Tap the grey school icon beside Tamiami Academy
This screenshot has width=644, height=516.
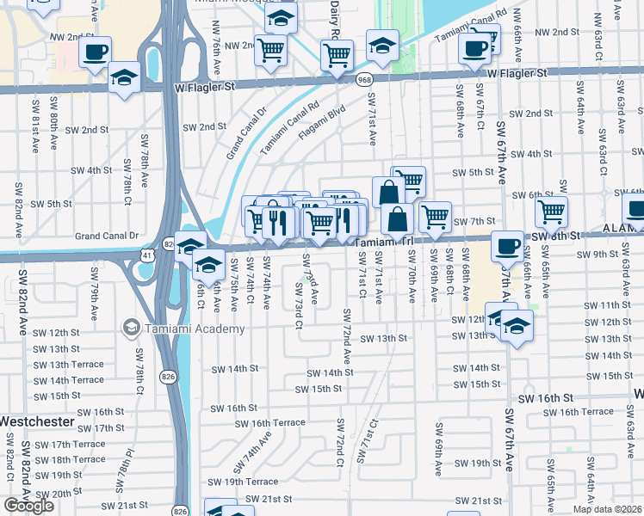pos(131,327)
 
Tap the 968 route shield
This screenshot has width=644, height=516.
pos(366,79)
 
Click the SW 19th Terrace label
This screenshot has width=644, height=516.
pos(249,482)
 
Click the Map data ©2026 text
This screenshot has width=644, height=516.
pos(608,509)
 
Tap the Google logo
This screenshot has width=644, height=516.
pos(28,506)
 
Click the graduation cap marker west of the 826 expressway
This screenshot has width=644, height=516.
pos(125,78)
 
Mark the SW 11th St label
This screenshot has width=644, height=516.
pos(616,306)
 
